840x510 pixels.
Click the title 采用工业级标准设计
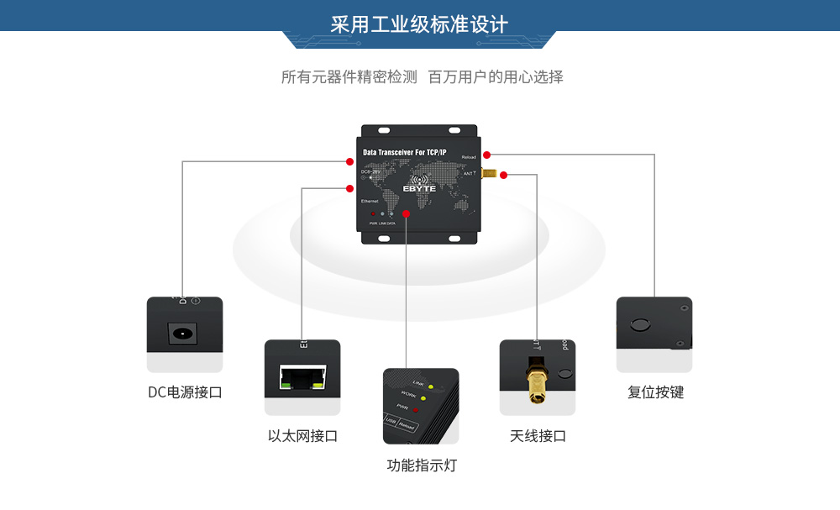point(419,24)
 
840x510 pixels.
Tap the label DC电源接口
point(185,392)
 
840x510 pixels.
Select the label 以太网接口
point(302,436)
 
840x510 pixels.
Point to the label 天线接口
point(538,436)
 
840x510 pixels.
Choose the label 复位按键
point(655,392)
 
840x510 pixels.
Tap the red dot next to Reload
point(486,154)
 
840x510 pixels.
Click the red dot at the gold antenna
point(503,175)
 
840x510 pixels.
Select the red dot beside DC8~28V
point(349,160)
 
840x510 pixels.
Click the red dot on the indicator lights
point(406,214)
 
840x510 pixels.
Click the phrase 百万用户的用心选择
point(496,77)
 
